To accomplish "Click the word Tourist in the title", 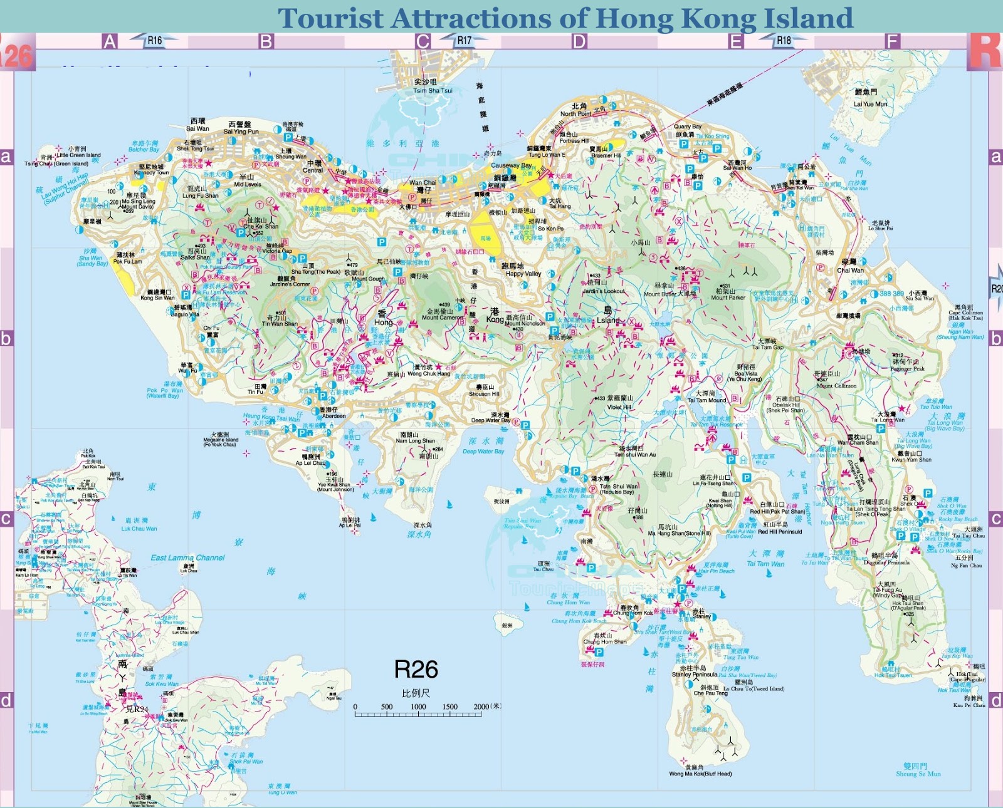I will tap(330, 18).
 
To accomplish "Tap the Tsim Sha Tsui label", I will tap(433, 90).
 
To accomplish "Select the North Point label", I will tap(575, 114).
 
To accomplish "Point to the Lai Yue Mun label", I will tap(871, 104).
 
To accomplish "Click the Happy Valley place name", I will tap(523, 274).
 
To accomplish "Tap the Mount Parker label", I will tap(728, 298).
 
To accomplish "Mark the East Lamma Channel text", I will tap(187, 557).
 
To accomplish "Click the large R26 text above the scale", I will tap(416, 670).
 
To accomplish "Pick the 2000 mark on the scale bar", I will tap(481, 707).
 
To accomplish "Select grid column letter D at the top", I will tap(579, 42).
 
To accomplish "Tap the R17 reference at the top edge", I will tap(464, 41).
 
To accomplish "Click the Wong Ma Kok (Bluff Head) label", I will tap(700, 774).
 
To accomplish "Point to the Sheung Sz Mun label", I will tap(918, 774).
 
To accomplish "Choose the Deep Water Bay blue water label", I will tap(483, 451).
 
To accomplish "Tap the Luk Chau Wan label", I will tap(139, 529).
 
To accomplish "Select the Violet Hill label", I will tap(619, 407).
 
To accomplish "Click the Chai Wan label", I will tap(850, 271).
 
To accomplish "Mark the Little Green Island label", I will tap(78, 155).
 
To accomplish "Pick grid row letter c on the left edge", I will tap(6, 519).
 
